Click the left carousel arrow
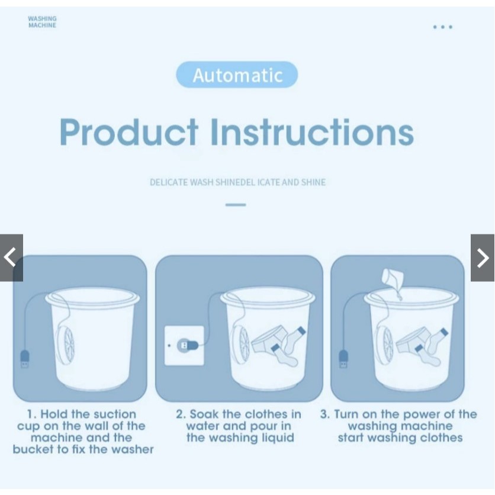[11, 258]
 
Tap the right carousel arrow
[483, 258]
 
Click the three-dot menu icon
[442, 27]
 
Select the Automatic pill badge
[237, 75]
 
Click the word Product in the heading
[129, 132]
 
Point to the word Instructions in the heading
[312, 132]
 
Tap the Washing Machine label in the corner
[42, 22]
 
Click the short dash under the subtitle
[236, 205]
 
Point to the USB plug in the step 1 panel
[25, 359]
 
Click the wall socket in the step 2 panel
[184, 346]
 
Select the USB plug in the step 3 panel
[343, 359]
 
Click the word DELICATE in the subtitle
[169, 182]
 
